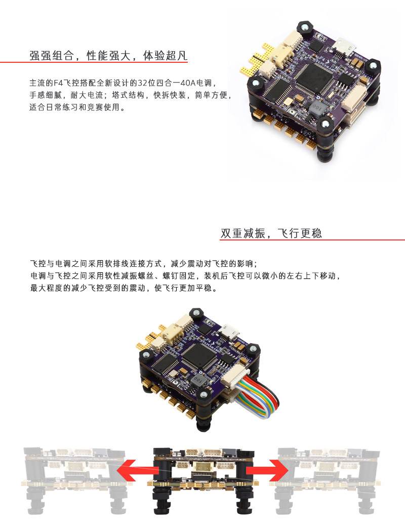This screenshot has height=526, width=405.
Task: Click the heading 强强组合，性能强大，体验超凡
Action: (x=108, y=55)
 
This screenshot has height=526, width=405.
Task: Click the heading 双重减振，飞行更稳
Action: (x=271, y=233)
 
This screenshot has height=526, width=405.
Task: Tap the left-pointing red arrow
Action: (x=138, y=470)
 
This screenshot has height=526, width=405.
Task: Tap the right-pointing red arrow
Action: (x=267, y=470)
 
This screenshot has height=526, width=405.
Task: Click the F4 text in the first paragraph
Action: (x=58, y=83)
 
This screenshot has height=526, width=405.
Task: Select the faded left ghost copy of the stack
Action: (x=75, y=480)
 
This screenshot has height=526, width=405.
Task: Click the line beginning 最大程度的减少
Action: (x=124, y=288)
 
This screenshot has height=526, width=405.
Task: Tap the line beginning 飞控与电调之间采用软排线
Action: (x=144, y=263)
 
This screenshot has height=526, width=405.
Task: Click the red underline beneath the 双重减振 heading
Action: (x=312, y=239)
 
